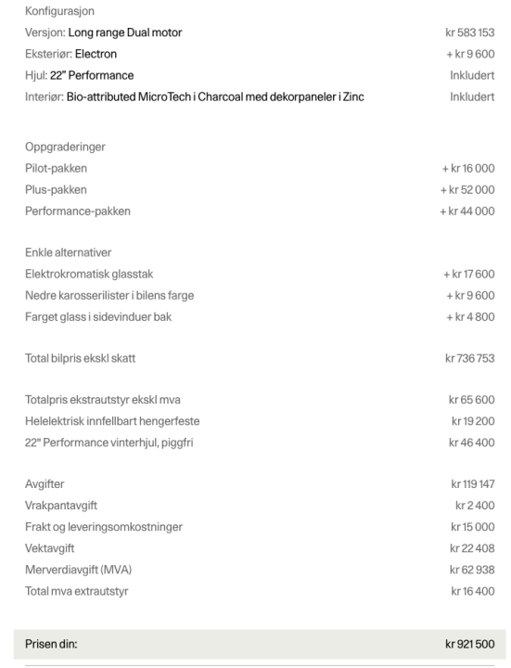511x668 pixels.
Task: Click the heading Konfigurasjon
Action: click(60, 11)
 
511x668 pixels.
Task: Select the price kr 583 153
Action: click(469, 32)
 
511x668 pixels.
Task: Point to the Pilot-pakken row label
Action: click(57, 168)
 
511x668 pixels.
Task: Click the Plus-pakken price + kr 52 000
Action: click(467, 189)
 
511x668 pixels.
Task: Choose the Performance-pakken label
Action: click(78, 211)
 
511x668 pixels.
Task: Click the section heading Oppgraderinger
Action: click(65, 147)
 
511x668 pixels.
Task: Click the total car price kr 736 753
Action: click(469, 358)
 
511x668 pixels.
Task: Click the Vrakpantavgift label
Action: click(63, 506)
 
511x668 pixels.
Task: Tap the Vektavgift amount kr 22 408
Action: click(473, 548)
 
